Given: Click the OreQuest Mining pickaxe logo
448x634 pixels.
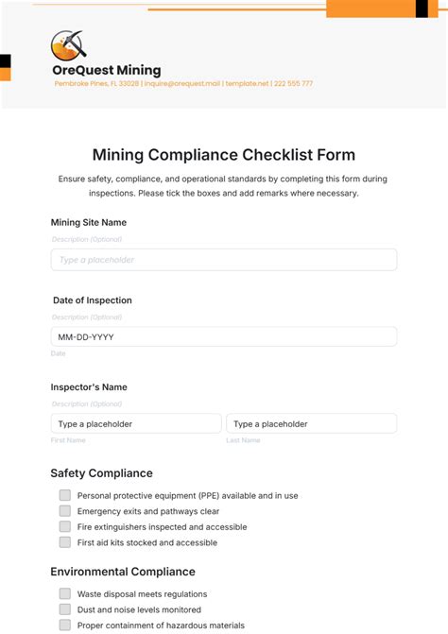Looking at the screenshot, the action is point(68,44).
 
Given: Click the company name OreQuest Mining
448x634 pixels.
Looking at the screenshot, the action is point(107,70).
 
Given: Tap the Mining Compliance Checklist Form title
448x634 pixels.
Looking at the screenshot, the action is point(224,154).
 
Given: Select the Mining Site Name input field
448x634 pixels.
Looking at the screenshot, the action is point(224,260).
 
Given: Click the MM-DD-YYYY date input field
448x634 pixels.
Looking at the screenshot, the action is point(224,336).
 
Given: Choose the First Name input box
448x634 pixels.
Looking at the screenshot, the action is point(136,424).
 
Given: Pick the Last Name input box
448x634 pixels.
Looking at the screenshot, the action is point(311,424).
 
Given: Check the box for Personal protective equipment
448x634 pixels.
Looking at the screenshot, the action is point(65,495).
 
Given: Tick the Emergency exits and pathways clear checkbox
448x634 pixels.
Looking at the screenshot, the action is point(65,511).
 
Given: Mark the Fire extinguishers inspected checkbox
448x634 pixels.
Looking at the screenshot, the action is point(65,526).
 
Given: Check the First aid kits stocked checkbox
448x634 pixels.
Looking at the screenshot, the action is point(65,542).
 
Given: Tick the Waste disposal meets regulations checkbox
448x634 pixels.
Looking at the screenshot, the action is point(65,593).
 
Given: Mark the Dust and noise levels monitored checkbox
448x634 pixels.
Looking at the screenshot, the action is point(65,609).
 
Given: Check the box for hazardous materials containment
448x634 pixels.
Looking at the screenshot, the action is point(65,625).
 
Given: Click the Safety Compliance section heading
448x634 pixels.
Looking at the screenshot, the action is point(101,473).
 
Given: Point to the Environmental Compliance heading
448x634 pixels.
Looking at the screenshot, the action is point(123,572).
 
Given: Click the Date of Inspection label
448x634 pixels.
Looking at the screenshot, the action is point(93,300).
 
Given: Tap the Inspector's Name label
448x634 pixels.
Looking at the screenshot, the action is point(89,387).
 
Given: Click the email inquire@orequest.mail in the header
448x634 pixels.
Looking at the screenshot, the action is point(182,84).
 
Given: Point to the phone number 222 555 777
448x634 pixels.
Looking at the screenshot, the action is point(294,84).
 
